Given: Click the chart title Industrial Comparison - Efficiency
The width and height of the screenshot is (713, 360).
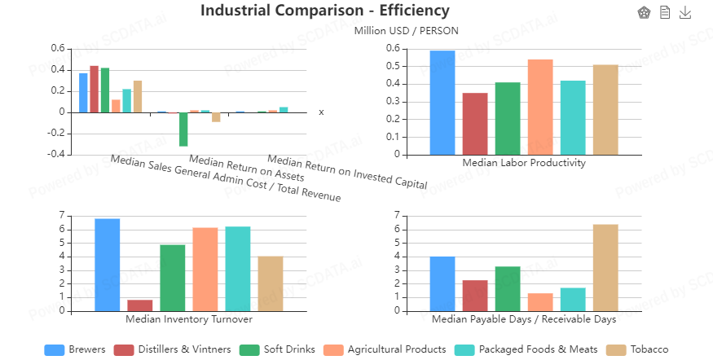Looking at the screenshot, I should [x=324, y=11].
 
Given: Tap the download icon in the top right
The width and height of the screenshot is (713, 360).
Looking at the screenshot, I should [x=685, y=12].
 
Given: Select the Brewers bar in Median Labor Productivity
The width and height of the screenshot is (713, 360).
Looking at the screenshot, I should [x=442, y=103].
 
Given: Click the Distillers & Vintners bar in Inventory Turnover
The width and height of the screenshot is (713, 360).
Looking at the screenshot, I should [x=140, y=305].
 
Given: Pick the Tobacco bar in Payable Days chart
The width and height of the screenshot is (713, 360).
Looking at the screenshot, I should [x=605, y=267].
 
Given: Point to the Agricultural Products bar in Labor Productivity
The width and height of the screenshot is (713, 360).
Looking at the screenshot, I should [x=540, y=107].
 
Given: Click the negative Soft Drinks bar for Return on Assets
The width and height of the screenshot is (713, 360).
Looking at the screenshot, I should [x=184, y=130].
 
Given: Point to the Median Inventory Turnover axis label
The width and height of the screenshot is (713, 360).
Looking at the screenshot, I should [x=188, y=318].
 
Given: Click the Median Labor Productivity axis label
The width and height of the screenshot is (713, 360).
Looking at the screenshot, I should [x=524, y=162].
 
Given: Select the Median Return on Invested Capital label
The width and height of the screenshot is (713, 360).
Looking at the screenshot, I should [x=347, y=173].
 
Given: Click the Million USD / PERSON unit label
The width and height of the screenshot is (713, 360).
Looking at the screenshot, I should [x=406, y=31].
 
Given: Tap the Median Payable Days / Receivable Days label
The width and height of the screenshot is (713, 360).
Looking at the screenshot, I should [x=523, y=318].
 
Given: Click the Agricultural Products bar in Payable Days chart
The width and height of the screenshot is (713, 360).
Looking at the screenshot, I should [x=540, y=302].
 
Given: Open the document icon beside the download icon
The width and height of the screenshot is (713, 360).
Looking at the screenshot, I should [x=665, y=12].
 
